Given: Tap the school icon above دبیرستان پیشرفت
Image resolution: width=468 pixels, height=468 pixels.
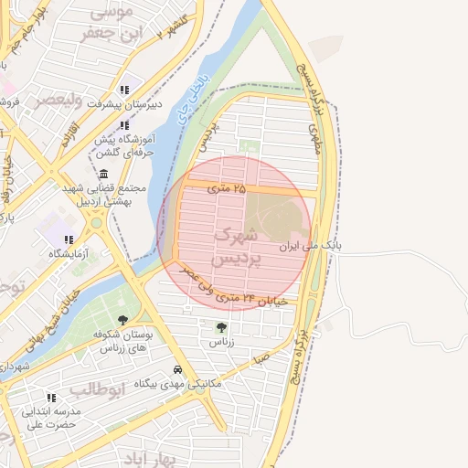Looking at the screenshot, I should point(123,90).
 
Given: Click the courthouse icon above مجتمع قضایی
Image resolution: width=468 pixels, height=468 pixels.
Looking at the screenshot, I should point(102,174).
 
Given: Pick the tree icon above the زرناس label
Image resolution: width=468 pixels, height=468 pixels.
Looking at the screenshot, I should point(220,326).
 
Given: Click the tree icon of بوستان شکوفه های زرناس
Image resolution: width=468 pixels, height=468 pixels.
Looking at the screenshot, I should point(122,320).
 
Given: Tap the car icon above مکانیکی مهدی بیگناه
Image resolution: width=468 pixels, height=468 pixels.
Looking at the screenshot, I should point(176,370).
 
